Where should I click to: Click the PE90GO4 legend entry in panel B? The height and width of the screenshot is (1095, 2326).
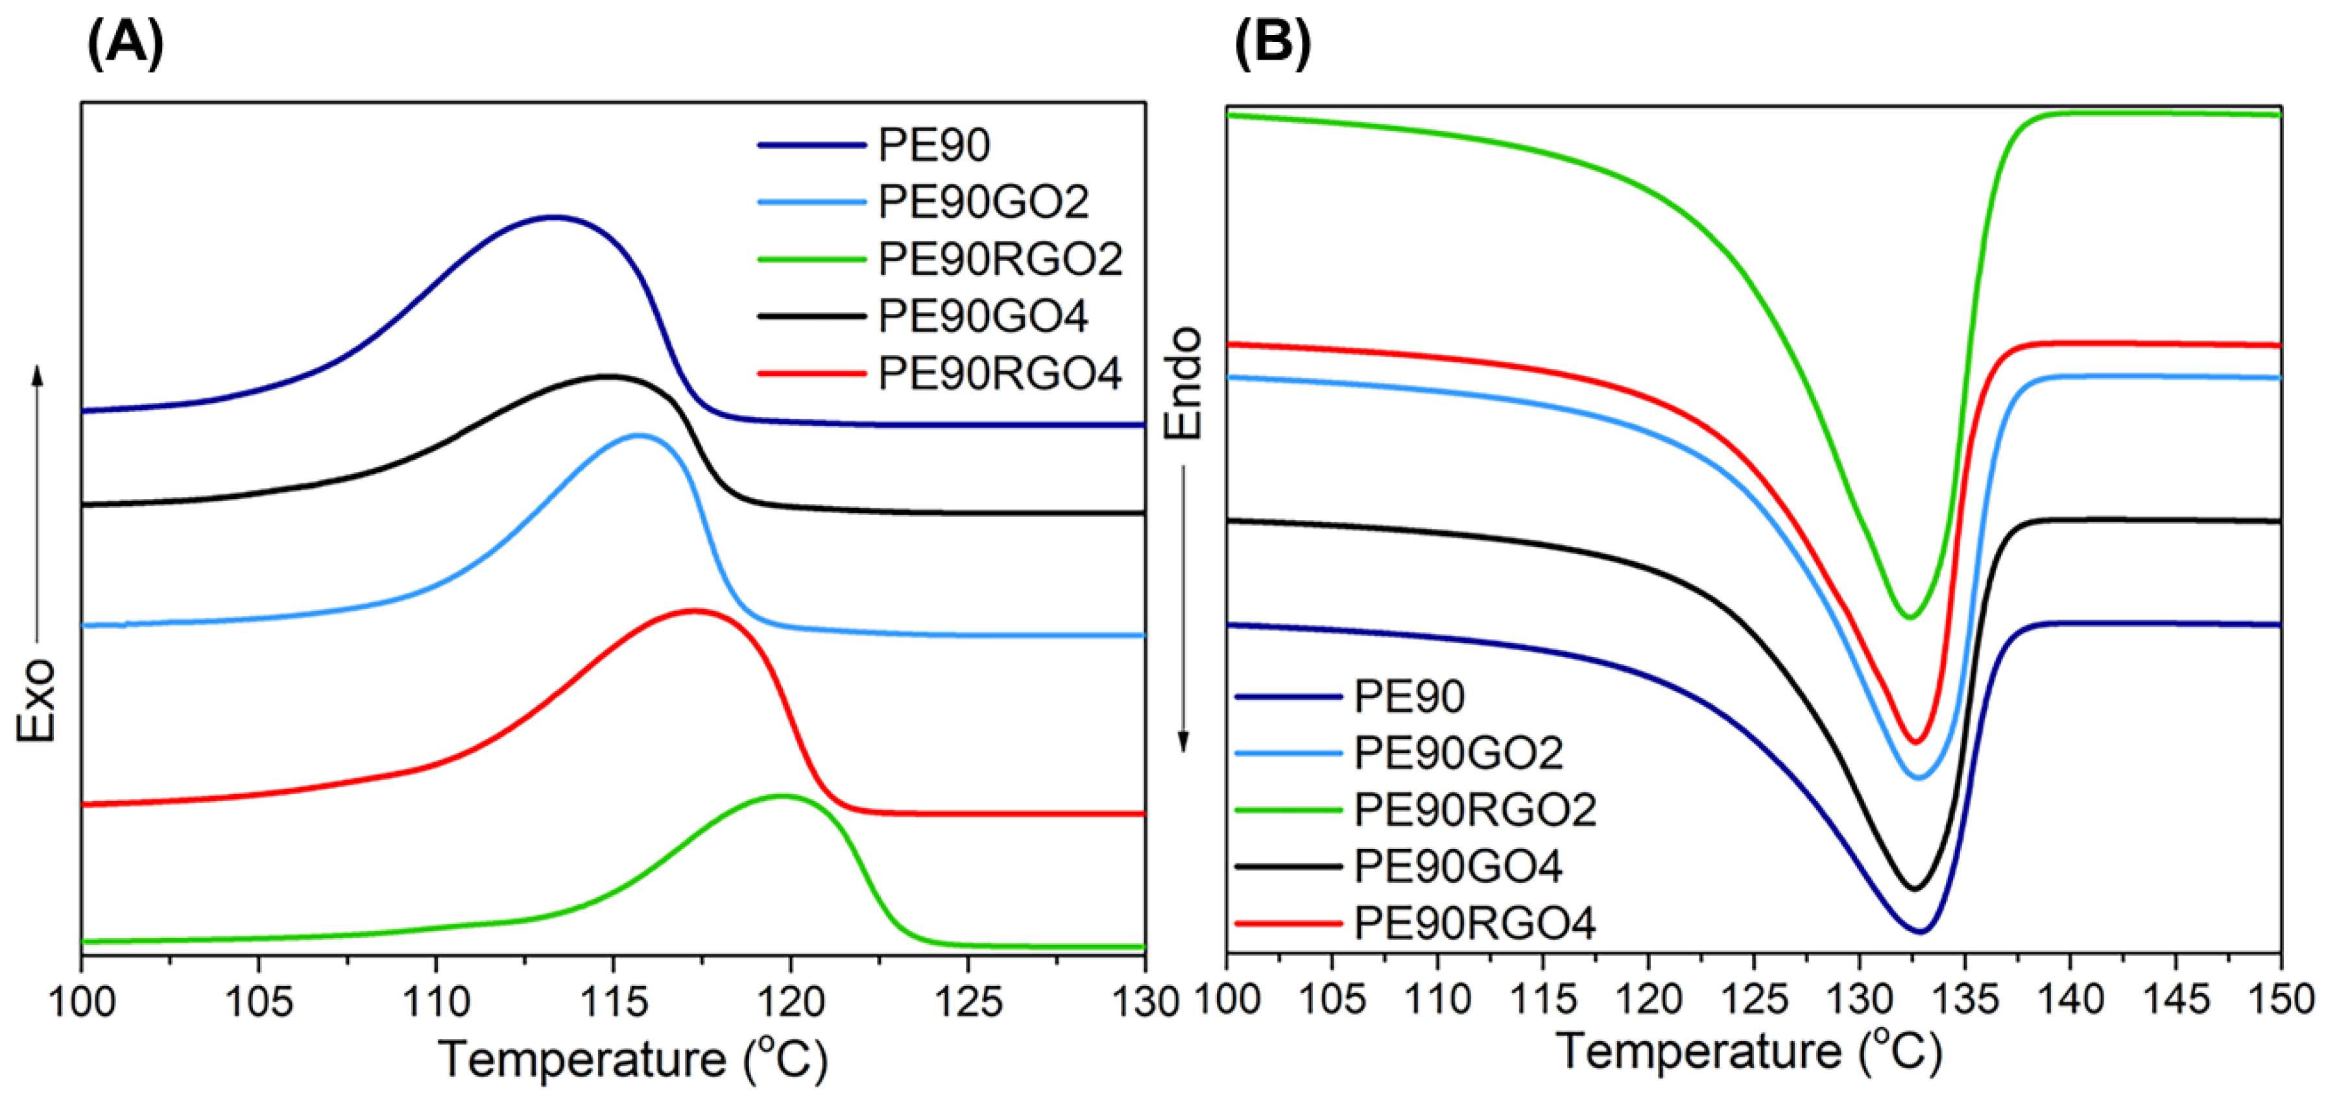(1457, 866)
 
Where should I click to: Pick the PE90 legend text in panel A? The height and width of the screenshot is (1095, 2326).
(933, 145)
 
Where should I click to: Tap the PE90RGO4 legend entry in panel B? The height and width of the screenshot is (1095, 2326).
(1474, 922)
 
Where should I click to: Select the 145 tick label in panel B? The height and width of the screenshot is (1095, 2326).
(2176, 999)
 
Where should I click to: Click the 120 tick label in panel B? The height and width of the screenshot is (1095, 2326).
(1648, 999)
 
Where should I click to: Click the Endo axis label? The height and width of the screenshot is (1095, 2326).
(1184, 383)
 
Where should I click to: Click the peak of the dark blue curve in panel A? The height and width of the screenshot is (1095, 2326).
(553, 217)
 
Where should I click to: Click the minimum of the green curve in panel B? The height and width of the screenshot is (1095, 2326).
(1909, 618)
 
